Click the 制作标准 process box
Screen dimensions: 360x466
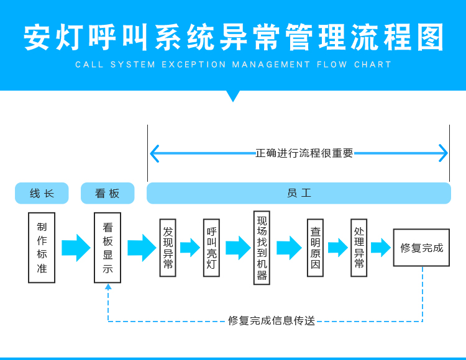pos(42,248)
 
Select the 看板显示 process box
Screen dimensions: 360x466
pos(107,248)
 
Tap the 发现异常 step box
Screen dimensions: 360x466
pos(168,248)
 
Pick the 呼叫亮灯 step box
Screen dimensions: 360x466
pos(211,248)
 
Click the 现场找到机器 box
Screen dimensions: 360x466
pos(262,248)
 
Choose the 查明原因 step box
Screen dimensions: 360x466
pos(315,248)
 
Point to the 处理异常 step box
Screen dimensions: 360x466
pos(359,248)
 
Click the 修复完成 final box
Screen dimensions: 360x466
pos(421,248)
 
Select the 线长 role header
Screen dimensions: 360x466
pos(42,193)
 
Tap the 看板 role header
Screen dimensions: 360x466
pos(107,193)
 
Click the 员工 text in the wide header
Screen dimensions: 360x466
pos(299,193)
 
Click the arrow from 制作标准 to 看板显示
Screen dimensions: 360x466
pos(76,248)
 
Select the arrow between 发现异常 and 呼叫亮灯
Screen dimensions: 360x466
pos(190,248)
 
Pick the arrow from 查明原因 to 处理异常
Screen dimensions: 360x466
pos(337,248)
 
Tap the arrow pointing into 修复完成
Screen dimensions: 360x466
pos(380,248)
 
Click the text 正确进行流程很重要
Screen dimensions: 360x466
pos(304,153)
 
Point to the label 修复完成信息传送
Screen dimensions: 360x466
pos(272,321)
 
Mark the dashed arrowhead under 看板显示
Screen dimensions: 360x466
pos(108,287)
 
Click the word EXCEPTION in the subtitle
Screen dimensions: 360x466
pos(194,65)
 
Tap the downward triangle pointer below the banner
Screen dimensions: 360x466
pos(233,95)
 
